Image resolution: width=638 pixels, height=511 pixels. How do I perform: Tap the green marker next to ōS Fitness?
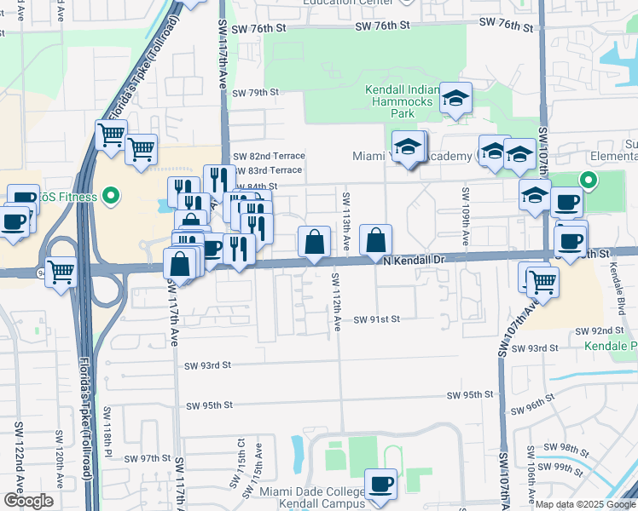pos(110,198)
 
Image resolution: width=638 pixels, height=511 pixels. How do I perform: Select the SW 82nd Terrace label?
pos(267,156)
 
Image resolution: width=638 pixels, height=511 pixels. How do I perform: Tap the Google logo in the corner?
pos(27,501)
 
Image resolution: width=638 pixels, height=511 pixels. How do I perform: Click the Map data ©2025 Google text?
pos(585,504)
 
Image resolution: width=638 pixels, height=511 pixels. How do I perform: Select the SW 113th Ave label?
pos(346,219)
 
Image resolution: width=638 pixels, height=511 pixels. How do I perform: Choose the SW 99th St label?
pos(572,468)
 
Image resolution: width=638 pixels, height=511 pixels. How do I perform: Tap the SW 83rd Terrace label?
pos(267,170)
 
